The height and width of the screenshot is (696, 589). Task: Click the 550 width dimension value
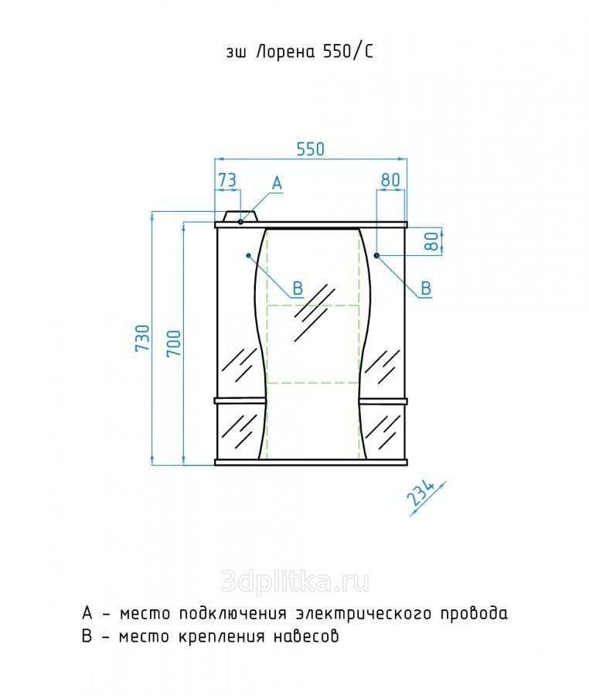coord(310,148)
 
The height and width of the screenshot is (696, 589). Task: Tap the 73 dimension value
coord(226,179)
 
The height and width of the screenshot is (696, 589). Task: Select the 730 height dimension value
coord(142,339)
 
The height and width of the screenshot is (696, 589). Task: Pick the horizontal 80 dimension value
coord(390,179)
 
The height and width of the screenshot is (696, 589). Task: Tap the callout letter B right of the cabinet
coord(425,288)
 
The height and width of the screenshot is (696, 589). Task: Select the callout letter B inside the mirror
coord(297,289)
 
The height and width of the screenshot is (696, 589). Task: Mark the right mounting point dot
coord(376,254)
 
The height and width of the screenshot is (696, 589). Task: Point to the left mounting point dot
coord(247,254)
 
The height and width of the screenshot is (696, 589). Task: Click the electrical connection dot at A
coord(241,221)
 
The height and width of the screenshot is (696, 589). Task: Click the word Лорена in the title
coord(281,53)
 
